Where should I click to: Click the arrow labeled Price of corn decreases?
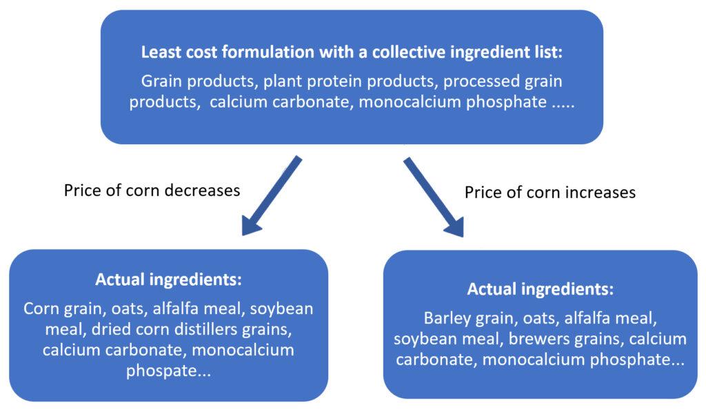pyautogui.click(x=271, y=196)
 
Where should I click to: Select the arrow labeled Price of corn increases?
pyautogui.click(x=434, y=197)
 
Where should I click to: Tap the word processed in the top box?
pyautogui.click(x=481, y=81)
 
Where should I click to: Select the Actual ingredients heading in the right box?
pyautogui.click(x=540, y=288)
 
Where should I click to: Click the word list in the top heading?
pyautogui.click(x=549, y=52)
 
